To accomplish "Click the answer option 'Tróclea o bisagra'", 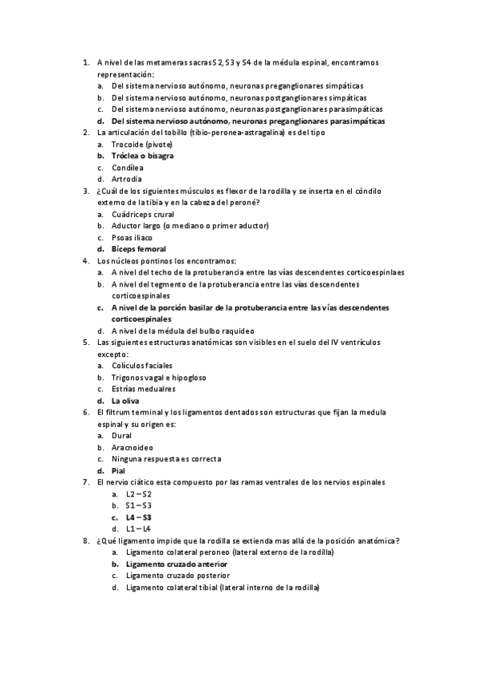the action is [142, 156].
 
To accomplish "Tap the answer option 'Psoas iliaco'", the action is [132, 237].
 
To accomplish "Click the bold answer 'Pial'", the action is [119, 471].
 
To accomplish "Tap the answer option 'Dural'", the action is [122, 436].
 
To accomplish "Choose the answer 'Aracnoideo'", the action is [132, 447].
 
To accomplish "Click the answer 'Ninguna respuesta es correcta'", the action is [166, 459].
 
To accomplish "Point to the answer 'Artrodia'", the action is [128, 179].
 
